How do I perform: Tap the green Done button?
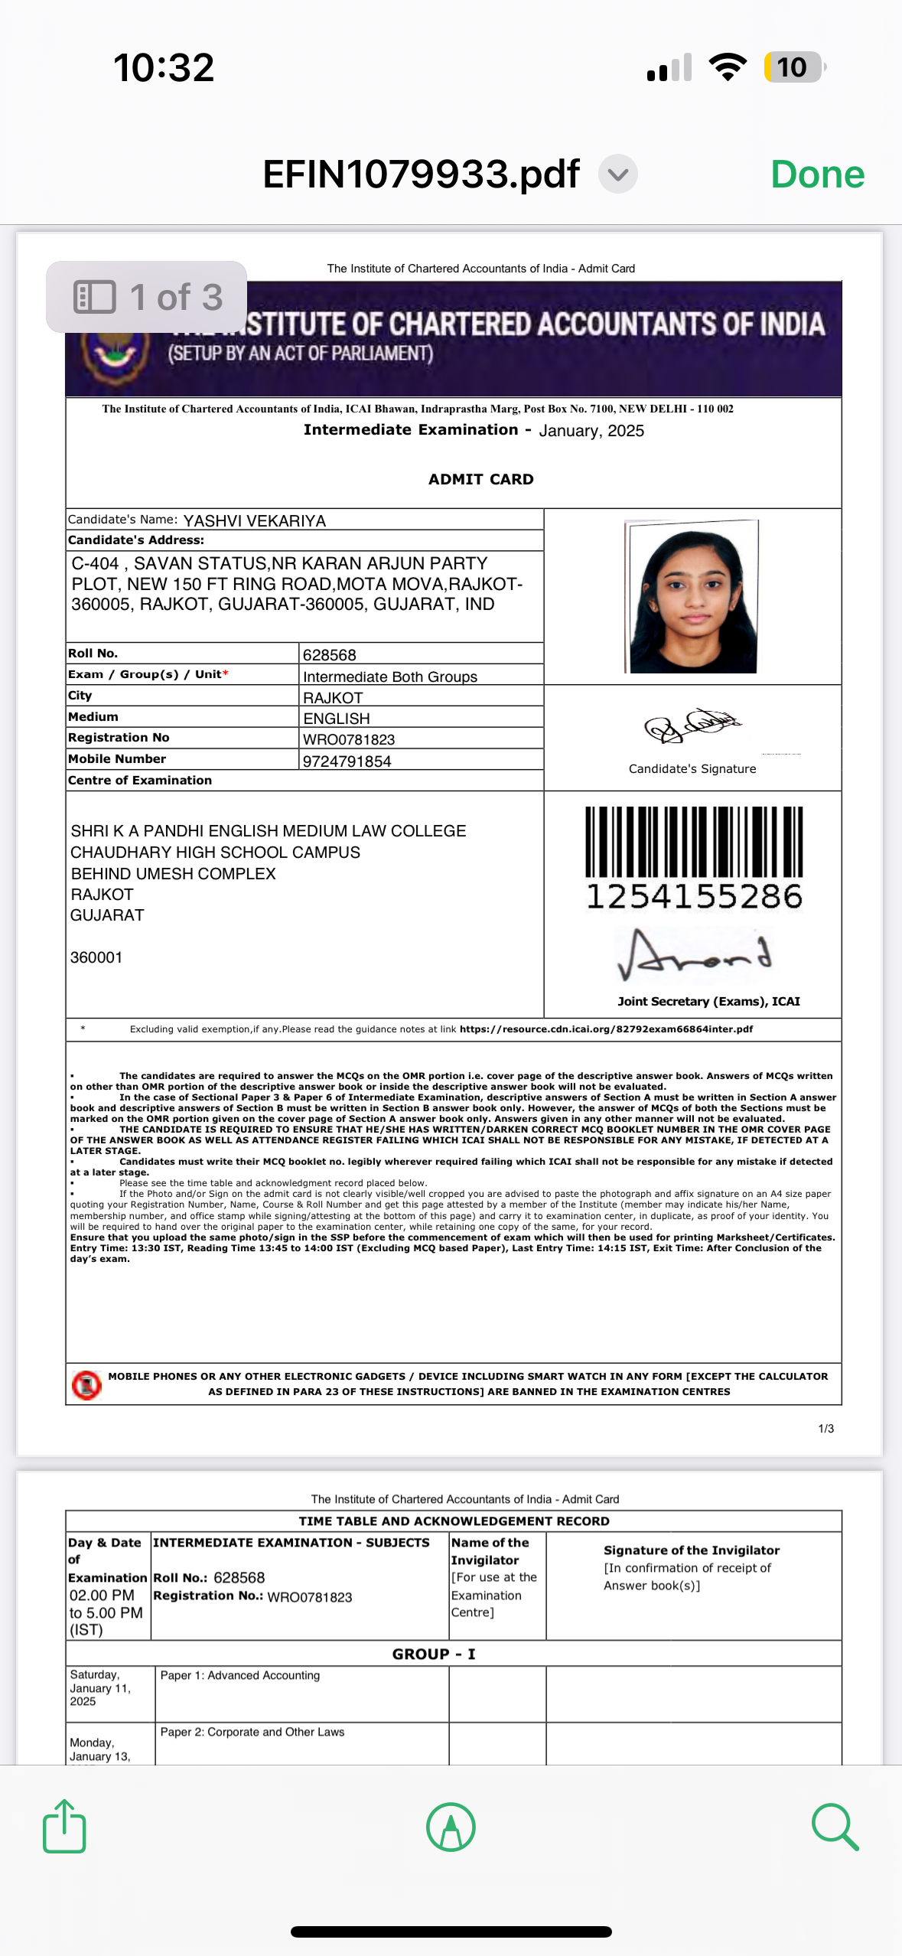(x=817, y=174)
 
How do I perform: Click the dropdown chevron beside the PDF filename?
(x=618, y=174)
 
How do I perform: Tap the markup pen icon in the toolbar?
(x=451, y=1827)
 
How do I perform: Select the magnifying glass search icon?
(x=835, y=1827)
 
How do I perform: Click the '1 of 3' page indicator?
(x=147, y=297)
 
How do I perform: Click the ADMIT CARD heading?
(x=480, y=479)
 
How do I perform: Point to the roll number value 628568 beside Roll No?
(x=330, y=655)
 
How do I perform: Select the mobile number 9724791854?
(x=347, y=761)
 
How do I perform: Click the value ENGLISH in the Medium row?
(x=337, y=719)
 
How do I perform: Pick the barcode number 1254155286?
(x=694, y=897)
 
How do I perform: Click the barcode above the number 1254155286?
(x=694, y=841)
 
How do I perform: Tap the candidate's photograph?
(x=692, y=597)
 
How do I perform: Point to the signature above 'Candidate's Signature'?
(x=692, y=726)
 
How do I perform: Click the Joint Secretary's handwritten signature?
(x=694, y=954)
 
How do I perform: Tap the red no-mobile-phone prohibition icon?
(x=86, y=1385)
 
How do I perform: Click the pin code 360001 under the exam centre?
(x=96, y=957)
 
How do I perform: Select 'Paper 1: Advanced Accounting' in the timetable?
(x=240, y=1675)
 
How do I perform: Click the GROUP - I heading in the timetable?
(x=433, y=1654)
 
